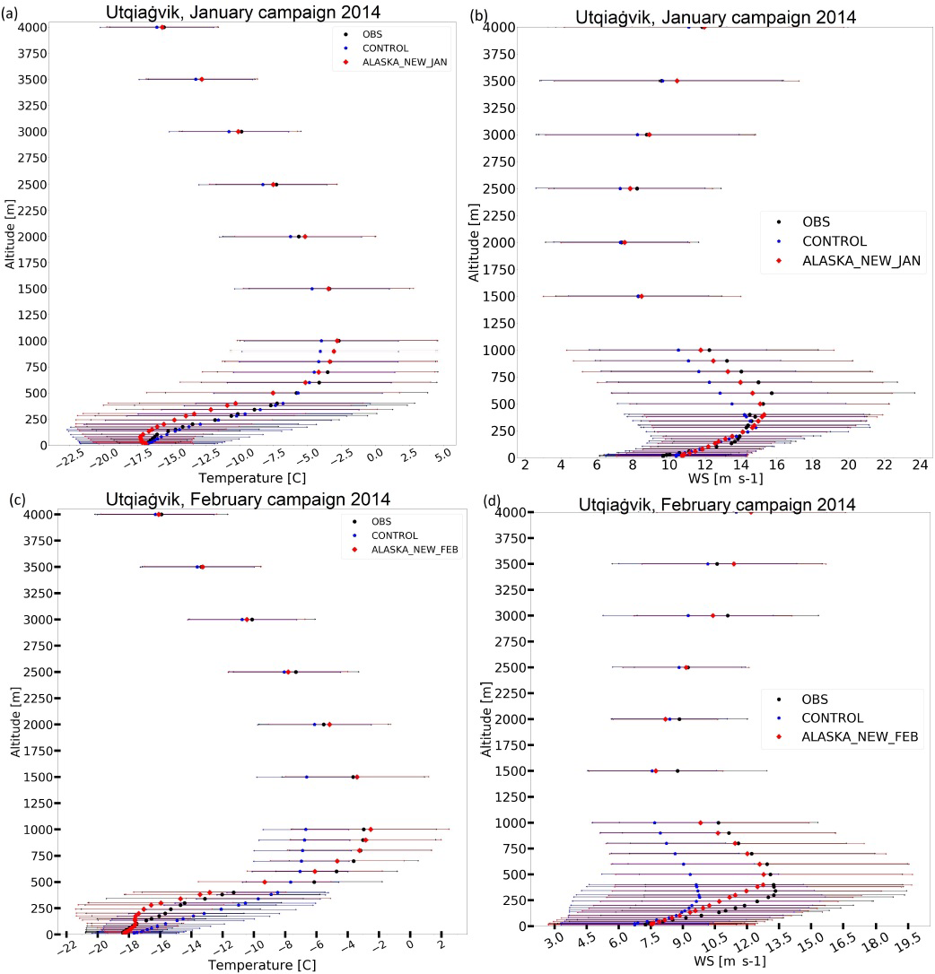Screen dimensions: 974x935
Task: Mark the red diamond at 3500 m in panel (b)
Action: (x=677, y=81)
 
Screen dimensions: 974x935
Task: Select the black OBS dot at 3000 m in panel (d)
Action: (x=728, y=615)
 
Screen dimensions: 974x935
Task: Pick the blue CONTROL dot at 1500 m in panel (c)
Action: (x=307, y=777)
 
